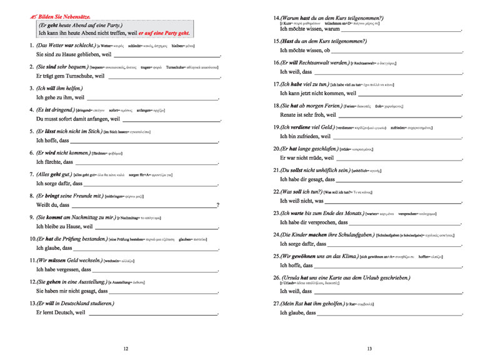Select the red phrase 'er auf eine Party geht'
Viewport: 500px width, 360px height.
(x=164, y=32)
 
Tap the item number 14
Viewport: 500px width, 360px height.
(x=277, y=18)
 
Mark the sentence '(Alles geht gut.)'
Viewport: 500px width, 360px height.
(x=54, y=174)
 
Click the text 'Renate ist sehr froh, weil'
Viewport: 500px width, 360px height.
(x=312, y=116)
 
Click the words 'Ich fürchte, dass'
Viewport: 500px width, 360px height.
(x=55, y=162)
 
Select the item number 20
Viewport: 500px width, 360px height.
(x=277, y=149)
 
